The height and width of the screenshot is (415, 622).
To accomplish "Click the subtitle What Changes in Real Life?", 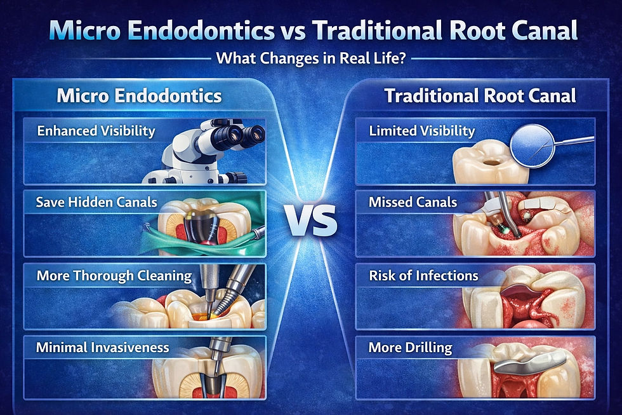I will pos(310,58).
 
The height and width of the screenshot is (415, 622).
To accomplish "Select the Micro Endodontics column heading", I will pos(139,96).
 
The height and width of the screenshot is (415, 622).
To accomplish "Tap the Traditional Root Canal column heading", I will pos(480,96).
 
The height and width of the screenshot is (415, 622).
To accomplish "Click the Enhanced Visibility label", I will pos(96,131).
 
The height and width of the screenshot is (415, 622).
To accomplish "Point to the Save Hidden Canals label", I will pos(96,203).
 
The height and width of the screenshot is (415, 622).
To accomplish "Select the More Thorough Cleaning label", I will pos(114,275).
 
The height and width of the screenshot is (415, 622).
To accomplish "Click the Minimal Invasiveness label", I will pos(102,347).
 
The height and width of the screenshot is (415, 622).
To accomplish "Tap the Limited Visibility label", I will pos(421,131).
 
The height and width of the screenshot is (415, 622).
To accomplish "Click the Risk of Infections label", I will pos(423,275).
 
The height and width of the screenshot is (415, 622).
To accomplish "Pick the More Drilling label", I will pos(410,347).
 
